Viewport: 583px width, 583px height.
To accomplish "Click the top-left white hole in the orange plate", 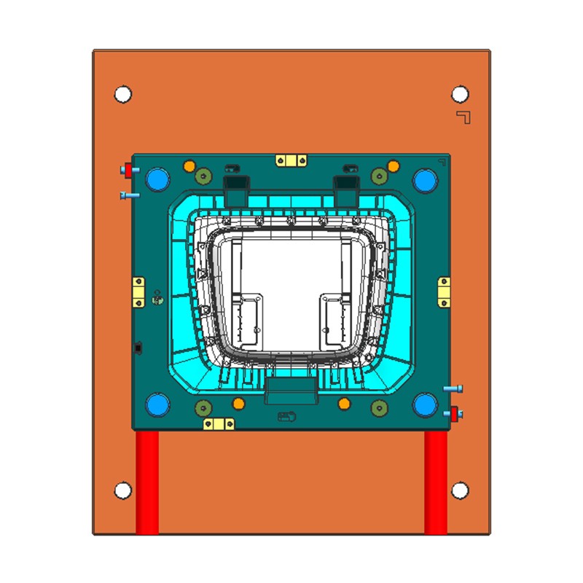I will (x=123, y=94).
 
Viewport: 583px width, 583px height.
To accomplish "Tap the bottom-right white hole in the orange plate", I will (x=460, y=490).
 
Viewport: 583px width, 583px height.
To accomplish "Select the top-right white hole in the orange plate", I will (x=460, y=94).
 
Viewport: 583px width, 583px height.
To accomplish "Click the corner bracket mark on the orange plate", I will (x=463, y=117).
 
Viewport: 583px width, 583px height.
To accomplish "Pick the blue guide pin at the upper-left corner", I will (x=157, y=179).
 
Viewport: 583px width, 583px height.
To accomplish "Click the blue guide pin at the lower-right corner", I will (x=424, y=404).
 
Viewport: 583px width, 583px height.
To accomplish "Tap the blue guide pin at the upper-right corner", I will (x=424, y=179).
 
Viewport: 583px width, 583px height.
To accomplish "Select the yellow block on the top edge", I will (x=291, y=160).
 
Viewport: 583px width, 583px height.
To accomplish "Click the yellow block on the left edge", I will (x=138, y=291).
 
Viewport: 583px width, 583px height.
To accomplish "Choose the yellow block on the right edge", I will (x=444, y=291).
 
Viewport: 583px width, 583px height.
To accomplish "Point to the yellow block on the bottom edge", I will (x=219, y=423).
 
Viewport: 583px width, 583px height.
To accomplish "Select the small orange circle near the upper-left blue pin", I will (x=189, y=166).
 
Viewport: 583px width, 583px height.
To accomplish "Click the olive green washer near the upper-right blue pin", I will (x=378, y=175).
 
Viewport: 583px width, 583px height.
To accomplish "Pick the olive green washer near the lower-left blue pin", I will (x=203, y=408).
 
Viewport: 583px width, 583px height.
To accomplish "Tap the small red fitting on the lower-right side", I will (x=455, y=414).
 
